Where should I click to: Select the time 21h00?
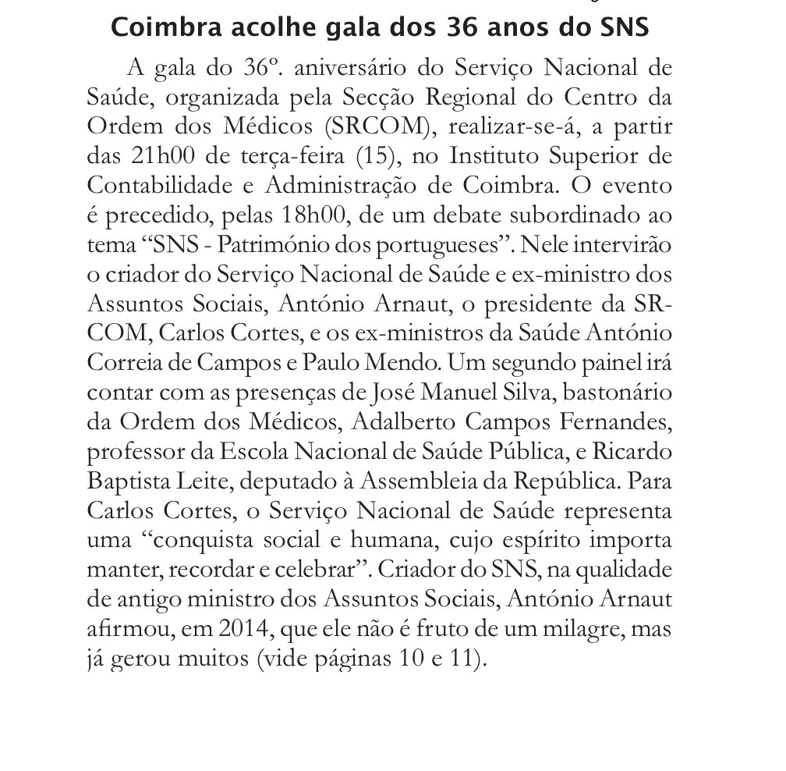[x=153, y=156]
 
